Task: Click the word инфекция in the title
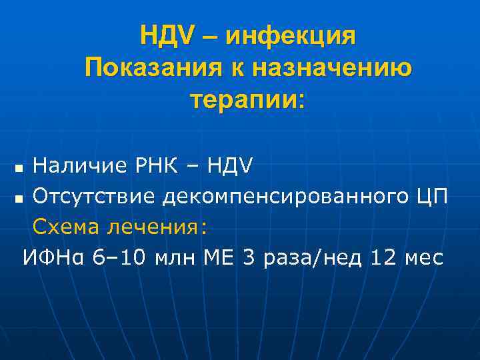tap(291, 37)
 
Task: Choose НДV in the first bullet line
tap(228, 165)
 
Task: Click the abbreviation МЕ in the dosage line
tap(219, 257)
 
